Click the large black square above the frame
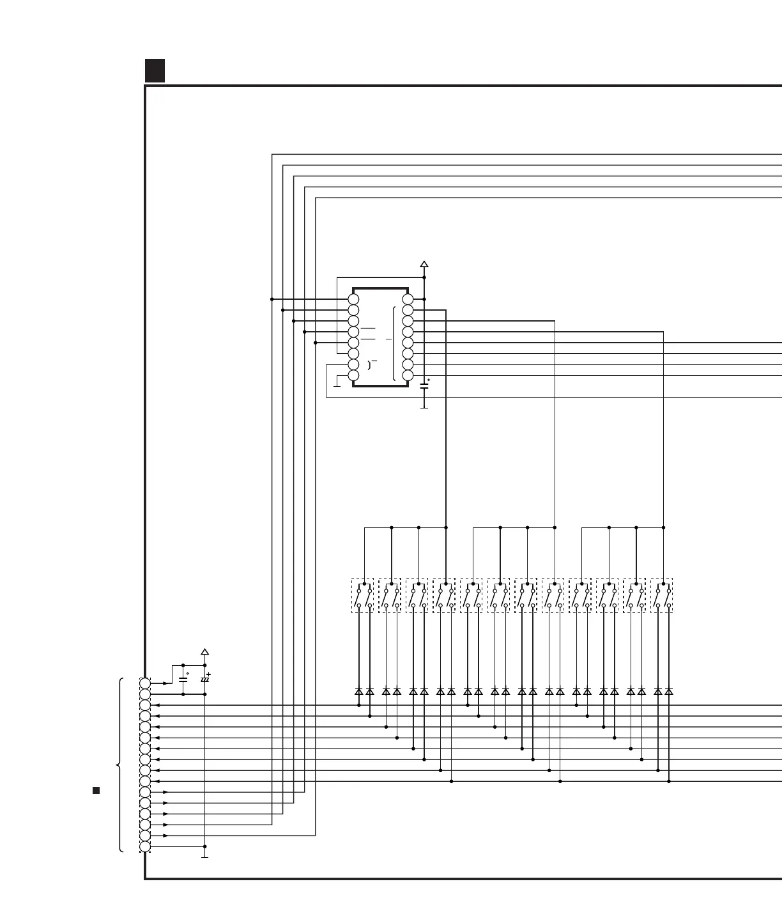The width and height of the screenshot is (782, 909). tap(155, 70)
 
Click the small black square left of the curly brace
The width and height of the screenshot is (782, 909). tap(96, 790)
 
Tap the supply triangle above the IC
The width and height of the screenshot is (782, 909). tap(424, 264)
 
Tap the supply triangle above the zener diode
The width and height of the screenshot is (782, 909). tap(205, 652)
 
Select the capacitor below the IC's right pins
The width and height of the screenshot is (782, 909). tap(424, 385)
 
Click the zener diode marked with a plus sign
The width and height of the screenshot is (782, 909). tap(205, 680)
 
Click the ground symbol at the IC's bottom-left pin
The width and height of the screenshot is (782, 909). tap(337, 385)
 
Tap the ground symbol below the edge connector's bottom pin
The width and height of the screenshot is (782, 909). tap(205, 856)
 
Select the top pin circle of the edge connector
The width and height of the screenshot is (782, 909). tap(145, 683)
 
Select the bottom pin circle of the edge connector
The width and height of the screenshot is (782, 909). tap(145, 846)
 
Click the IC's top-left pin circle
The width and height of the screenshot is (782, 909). tap(353, 299)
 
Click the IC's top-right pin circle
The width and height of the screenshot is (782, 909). tap(408, 299)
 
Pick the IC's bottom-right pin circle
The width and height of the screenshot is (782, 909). tap(408, 375)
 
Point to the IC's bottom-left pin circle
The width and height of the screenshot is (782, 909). tap(353, 375)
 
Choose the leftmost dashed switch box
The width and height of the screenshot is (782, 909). tap(362, 596)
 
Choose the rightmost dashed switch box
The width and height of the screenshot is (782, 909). tap(662, 596)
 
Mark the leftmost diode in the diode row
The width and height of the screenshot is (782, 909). tap(359, 692)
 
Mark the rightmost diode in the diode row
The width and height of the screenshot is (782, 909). tap(669, 692)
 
